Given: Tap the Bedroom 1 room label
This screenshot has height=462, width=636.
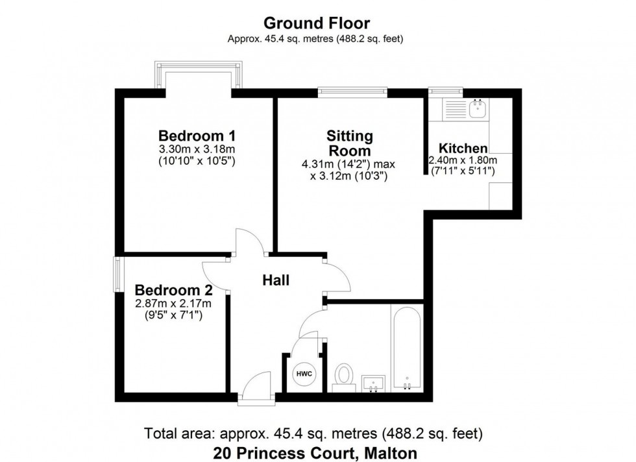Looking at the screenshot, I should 197,136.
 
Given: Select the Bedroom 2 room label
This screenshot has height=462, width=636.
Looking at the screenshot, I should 173,290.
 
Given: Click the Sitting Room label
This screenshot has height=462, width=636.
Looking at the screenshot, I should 349,143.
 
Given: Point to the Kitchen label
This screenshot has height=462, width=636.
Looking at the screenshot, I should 463,148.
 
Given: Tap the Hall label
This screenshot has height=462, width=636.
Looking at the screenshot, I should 276,280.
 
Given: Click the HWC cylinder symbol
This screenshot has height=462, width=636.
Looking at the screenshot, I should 304,374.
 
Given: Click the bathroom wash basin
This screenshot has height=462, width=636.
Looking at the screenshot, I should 374,383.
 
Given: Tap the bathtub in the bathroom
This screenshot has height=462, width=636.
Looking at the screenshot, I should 406,347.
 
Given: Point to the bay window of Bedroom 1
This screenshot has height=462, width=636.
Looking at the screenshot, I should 200,75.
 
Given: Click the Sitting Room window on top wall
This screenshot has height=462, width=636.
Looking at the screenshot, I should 352,92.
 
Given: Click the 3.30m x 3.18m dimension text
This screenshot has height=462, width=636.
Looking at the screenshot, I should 197,150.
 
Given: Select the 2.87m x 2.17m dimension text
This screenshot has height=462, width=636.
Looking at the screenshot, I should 173,304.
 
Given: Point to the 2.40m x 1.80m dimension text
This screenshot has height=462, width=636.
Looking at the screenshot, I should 463,160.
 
